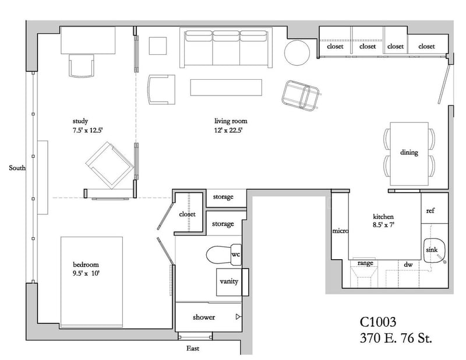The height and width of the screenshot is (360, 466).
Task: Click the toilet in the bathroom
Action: pyautogui.click(x=224, y=255)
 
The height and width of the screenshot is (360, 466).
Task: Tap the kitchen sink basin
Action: pyautogui.click(x=434, y=250)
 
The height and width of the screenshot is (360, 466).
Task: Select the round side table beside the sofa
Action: pyautogui.click(x=297, y=52)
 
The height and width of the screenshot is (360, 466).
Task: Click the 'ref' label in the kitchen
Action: pyautogui.click(x=430, y=211)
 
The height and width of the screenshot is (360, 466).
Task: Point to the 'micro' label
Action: pyautogui.click(x=340, y=231)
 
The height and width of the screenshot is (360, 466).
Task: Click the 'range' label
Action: pyautogui.click(x=365, y=263)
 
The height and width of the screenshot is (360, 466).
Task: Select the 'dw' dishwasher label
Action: pyautogui.click(x=408, y=264)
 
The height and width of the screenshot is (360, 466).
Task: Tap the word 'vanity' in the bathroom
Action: pyautogui.click(x=229, y=281)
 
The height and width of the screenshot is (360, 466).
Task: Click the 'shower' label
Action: pyautogui.click(x=203, y=317)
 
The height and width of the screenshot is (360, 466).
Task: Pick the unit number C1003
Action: pyautogui.click(x=378, y=322)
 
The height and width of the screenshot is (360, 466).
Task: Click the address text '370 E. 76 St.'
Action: pyautogui.click(x=396, y=338)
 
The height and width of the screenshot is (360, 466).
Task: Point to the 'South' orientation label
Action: pyautogui.click(x=17, y=168)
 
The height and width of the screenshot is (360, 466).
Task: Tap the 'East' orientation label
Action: pyautogui.click(x=193, y=348)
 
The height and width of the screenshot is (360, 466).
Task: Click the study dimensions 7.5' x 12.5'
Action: pyautogui.click(x=88, y=130)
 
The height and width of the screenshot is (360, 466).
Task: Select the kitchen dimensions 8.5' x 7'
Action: pyautogui.click(x=383, y=225)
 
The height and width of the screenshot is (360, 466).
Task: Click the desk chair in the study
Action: pyautogui.click(x=82, y=66)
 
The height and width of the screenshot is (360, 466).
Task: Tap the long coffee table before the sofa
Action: pyautogui.click(x=226, y=87)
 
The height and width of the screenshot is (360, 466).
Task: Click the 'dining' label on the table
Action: pyautogui.click(x=409, y=152)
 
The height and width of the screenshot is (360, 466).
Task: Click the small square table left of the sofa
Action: pyautogui.click(x=158, y=46)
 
